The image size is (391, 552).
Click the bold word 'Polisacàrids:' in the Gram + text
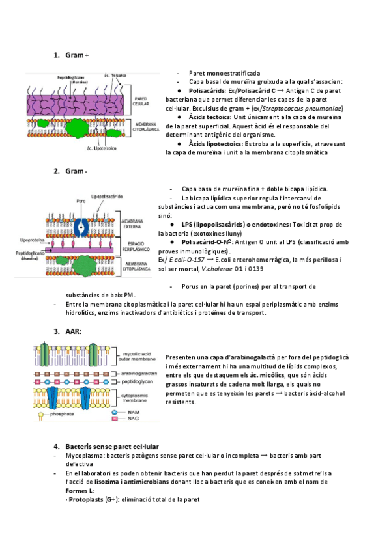pyautogui.click(x=207, y=91)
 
